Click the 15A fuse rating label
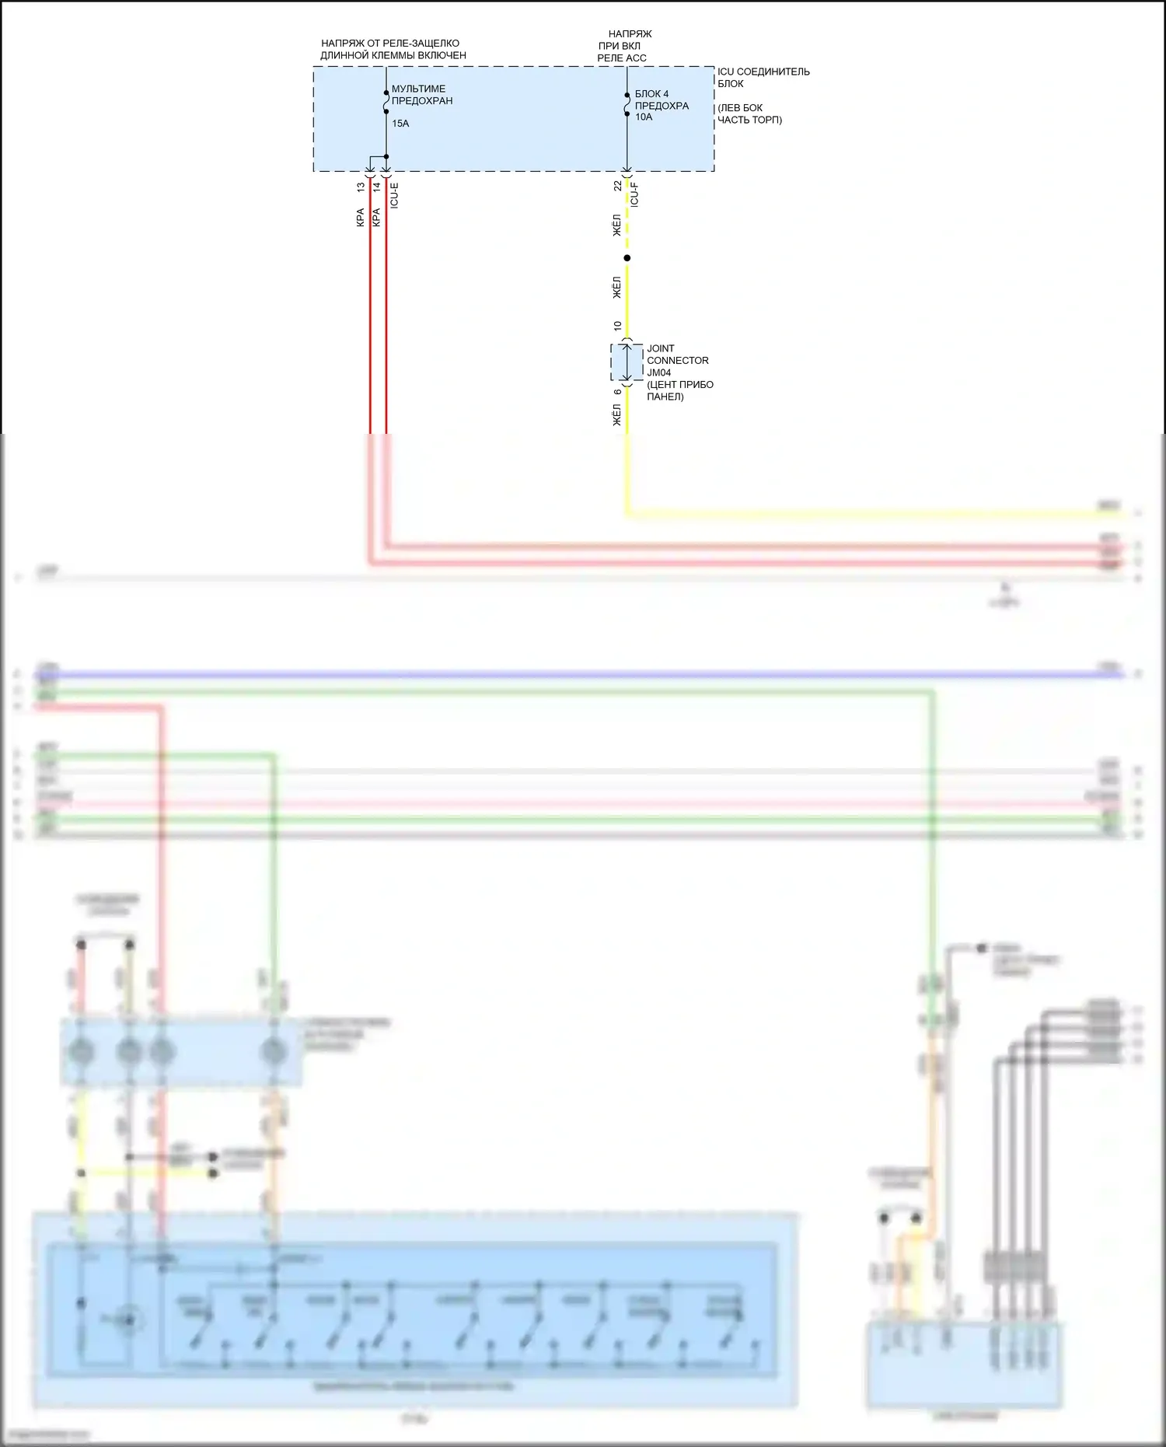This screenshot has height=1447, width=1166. click(x=400, y=124)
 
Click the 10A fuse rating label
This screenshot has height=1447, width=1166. click(x=644, y=117)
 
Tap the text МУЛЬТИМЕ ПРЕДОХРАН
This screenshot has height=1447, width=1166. click(x=421, y=95)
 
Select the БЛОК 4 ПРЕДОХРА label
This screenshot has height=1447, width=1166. click(x=661, y=100)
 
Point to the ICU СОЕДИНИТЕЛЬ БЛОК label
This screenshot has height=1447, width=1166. click(x=763, y=77)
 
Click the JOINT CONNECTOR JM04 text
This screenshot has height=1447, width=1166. click(x=677, y=361)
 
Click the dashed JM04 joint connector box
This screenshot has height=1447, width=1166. click(x=627, y=362)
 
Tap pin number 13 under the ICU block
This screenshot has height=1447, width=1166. click(x=361, y=187)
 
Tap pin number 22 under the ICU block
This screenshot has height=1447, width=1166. click(x=617, y=186)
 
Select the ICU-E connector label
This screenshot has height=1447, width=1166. click(x=394, y=195)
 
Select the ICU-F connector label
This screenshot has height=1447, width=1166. click(x=634, y=194)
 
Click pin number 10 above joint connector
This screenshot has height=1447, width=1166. click(x=617, y=326)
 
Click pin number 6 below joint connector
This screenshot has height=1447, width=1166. click(x=617, y=392)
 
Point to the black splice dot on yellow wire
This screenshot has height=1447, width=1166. click(x=627, y=258)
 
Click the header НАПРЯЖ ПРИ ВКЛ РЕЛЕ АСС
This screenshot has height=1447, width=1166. click(x=625, y=46)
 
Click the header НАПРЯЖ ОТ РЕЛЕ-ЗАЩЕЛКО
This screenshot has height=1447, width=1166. click(x=393, y=49)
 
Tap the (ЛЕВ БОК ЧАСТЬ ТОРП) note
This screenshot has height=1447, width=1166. click(x=749, y=114)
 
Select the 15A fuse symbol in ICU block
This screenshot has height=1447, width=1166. click(x=386, y=102)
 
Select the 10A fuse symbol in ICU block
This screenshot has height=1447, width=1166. click(x=627, y=104)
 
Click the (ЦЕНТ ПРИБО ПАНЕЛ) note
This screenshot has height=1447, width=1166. click(x=679, y=390)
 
